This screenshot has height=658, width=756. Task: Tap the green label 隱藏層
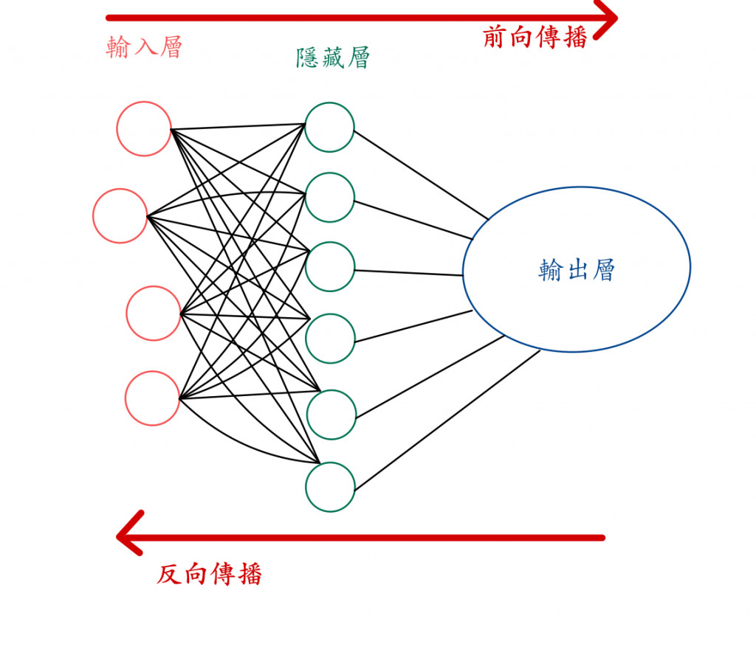[332, 58]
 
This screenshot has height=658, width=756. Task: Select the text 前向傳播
[535, 38]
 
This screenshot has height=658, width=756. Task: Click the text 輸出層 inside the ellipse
[577, 271]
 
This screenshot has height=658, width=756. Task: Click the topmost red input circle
[144, 129]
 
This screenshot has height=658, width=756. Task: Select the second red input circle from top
[120, 216]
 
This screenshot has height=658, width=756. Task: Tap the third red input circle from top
[154, 314]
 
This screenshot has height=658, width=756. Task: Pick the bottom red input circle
[152, 398]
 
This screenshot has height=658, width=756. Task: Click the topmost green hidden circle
[329, 127]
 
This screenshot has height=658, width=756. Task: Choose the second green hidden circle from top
[329, 198]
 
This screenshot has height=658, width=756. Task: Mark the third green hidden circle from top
[329, 266]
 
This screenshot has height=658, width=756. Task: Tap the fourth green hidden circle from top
[330, 339]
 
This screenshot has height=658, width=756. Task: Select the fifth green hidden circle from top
[331, 415]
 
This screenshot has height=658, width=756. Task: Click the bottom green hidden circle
[330, 487]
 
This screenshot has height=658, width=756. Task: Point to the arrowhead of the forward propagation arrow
[608, 18]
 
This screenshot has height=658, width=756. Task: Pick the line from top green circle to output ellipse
[421, 175]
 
